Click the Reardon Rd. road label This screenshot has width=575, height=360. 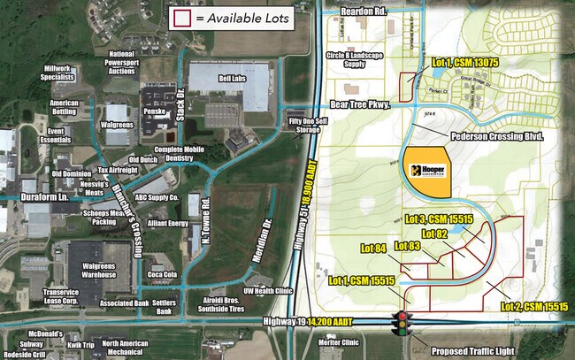(x=364, y=13)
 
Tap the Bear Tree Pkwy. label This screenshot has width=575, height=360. (x=359, y=103)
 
